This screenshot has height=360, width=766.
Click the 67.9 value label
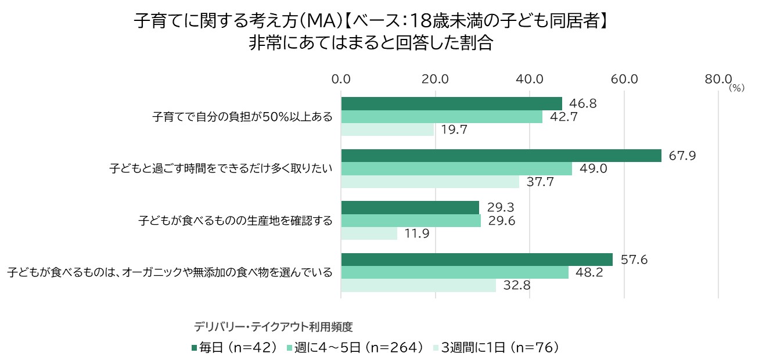[x=682, y=156]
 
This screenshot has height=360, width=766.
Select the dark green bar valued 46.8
[x=451, y=103]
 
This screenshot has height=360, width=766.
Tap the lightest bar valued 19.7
[x=387, y=129]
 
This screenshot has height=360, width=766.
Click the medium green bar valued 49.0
[x=456, y=169]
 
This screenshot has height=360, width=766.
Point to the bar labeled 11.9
[x=369, y=233]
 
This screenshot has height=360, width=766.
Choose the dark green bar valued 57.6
[x=476, y=260]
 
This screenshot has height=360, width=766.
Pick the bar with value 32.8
[x=418, y=286]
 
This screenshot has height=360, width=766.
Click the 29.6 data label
[x=501, y=221]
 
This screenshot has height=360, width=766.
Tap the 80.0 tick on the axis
[x=718, y=79]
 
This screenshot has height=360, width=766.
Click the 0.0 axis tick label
[x=341, y=79]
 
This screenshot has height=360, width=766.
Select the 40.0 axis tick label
[x=530, y=79]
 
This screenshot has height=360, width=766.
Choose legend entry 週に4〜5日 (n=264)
[x=355, y=348]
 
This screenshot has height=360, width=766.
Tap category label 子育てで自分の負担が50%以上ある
[x=242, y=117]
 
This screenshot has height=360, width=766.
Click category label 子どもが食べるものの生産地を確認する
[x=235, y=221]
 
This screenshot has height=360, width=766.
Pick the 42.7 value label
[x=563, y=117]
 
